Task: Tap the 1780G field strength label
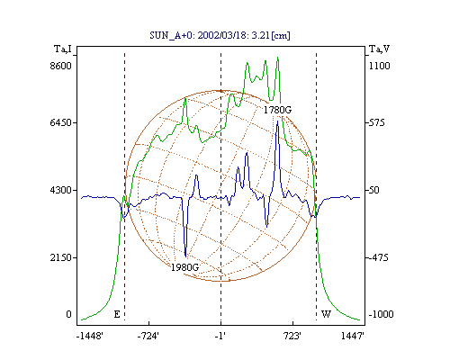coord(277,110)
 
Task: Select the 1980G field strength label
coord(184,267)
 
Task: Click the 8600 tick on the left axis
coord(61,66)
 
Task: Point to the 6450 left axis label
coord(61,122)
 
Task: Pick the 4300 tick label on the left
coord(61,190)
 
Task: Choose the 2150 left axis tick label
coord(61,257)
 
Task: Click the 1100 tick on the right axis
coord(379,66)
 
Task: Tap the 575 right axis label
coord(376,122)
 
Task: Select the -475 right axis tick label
coord(378,257)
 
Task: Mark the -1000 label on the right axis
coord(381,314)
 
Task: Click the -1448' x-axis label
coord(90,336)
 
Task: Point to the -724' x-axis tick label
coord(148,336)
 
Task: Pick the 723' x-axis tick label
coord(292,336)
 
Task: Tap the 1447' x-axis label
coord(353,336)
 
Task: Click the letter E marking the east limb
coord(117,314)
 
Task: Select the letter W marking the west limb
coord(327,314)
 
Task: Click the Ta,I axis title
coord(63,49)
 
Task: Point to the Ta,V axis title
coord(379,49)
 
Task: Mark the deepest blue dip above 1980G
coord(185,256)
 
